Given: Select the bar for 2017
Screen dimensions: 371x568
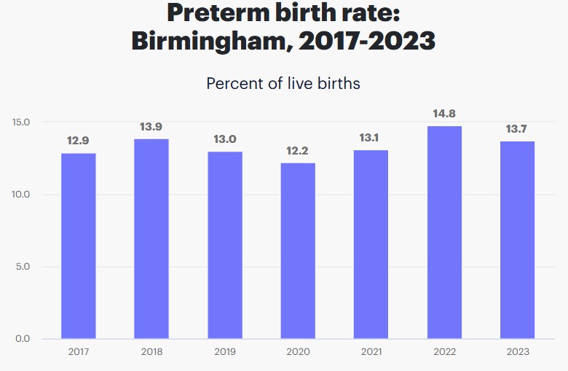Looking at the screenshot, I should [x=78, y=246].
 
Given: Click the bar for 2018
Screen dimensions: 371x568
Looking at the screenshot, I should [x=151, y=238].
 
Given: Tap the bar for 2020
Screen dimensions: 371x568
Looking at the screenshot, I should [x=298, y=251].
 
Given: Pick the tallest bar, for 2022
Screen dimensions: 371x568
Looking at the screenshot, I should [x=444, y=232].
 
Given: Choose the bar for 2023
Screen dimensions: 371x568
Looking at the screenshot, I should [x=517, y=240].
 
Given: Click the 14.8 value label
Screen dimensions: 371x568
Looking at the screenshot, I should [x=444, y=114].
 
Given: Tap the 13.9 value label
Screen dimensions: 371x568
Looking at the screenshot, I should [x=151, y=127].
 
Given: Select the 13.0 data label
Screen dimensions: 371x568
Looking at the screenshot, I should [x=224, y=139].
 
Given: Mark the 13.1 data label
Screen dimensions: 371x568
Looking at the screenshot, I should [x=371, y=138].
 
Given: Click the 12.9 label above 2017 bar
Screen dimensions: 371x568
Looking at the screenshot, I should [x=78, y=141].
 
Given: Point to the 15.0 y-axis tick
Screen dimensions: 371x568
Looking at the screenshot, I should [x=21, y=122].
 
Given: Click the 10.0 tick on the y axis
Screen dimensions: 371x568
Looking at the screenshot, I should [x=21, y=194].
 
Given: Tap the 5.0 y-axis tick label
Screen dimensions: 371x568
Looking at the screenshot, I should [x=23, y=266].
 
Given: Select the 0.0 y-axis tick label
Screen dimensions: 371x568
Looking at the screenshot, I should [x=23, y=338].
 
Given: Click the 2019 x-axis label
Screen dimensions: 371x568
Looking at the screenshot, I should [x=224, y=352].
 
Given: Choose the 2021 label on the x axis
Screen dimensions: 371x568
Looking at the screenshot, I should [x=371, y=352].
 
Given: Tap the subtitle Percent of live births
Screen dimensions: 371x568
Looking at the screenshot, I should [x=283, y=83].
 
